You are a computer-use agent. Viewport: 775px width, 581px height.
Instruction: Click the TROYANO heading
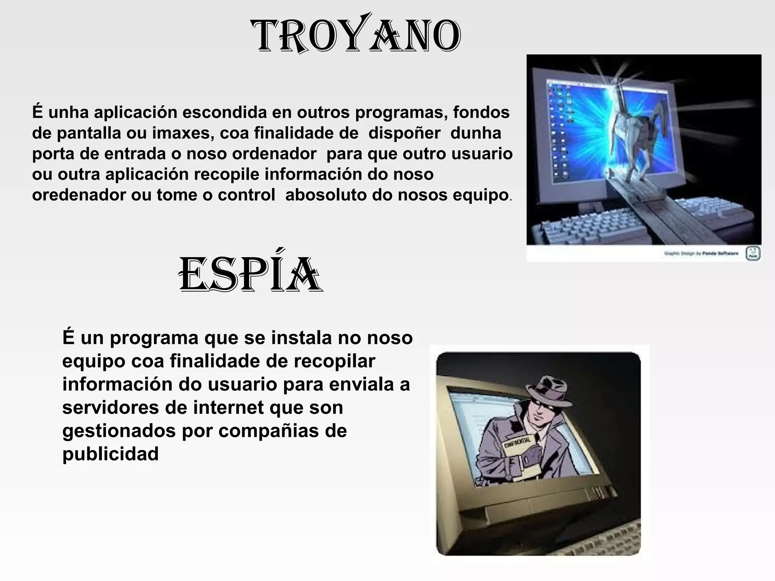(x=356, y=37)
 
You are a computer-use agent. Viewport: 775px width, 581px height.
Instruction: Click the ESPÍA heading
(x=250, y=275)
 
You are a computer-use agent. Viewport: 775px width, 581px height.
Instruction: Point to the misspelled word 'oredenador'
(x=79, y=195)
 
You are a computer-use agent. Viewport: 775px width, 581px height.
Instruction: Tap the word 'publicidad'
(x=110, y=454)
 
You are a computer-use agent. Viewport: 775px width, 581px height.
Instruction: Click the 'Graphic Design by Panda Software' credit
(x=701, y=253)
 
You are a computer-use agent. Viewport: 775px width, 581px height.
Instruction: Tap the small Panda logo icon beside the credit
(x=753, y=253)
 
